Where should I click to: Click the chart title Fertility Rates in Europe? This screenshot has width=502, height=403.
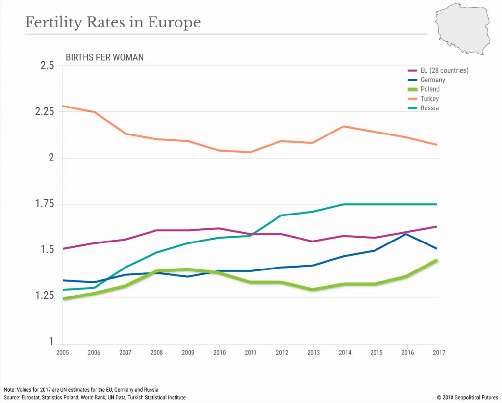113,23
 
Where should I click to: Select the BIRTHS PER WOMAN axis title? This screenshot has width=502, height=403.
104,57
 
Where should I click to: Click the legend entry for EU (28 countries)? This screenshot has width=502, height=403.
444,70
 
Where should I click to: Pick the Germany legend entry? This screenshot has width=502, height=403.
432,80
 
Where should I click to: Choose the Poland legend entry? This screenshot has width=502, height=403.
430,89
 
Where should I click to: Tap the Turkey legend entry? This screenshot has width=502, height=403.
429,99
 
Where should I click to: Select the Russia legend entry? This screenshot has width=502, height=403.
429,108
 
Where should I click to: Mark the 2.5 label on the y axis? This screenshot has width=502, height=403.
47,65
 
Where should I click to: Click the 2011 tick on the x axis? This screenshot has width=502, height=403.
251,352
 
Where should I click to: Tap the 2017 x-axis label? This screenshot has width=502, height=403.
438,352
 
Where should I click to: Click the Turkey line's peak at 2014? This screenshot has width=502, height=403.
345,126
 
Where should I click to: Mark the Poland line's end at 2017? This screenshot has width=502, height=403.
438,260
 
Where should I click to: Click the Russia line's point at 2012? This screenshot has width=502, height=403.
282,215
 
